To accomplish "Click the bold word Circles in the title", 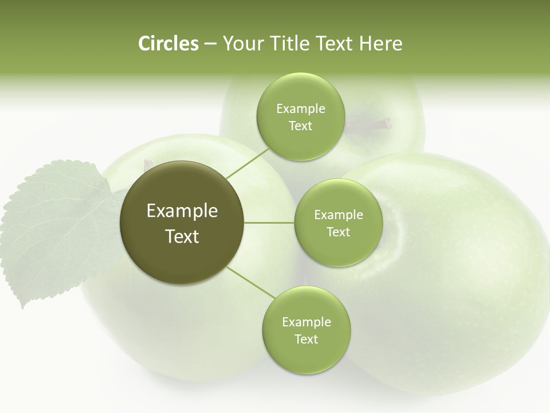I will [168, 44].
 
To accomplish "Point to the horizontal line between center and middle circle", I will [269, 223].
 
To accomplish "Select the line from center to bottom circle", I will [250, 282].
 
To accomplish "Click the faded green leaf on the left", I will [54, 229].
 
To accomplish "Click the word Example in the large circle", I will [182, 211].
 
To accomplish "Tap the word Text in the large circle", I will [182, 236].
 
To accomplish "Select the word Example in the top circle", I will [300, 109].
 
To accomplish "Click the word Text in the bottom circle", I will [306, 340].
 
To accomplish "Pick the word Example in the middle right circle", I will [338, 215].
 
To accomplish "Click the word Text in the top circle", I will [300, 126].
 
